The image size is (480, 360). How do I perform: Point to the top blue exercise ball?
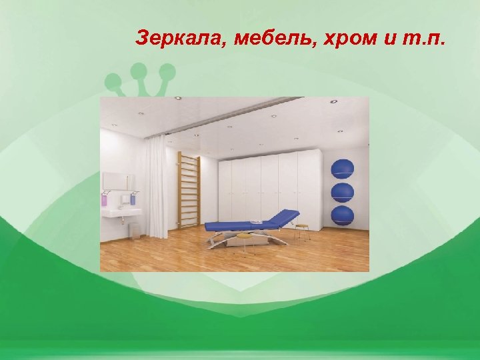point(343,169)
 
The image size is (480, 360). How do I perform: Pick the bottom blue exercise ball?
point(343,215)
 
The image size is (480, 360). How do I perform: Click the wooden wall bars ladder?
point(189,191)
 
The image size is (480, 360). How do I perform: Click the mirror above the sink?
point(118,181)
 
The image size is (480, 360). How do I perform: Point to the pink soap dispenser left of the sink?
point(104,198)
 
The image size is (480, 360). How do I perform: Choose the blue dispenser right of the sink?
point(133,198)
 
